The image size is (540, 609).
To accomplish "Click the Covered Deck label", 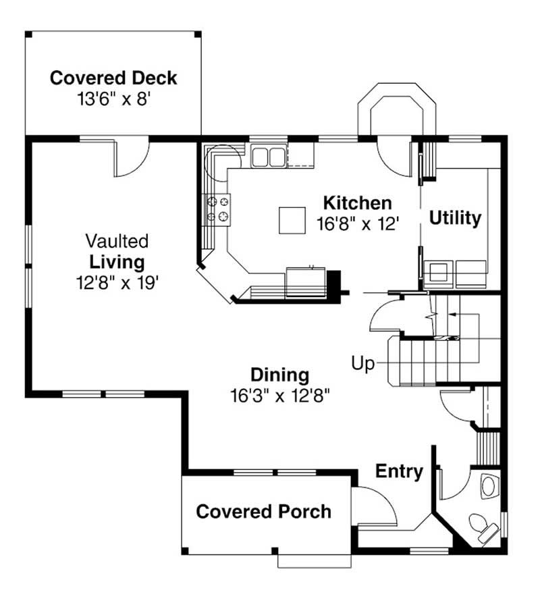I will [113, 78].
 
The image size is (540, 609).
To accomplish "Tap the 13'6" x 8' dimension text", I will [113, 99].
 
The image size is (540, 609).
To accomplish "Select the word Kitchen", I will [357, 203].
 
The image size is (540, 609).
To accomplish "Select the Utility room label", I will [456, 218].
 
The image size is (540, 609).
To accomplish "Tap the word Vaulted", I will [117, 241].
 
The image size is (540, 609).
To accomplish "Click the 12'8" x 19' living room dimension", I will [117, 282].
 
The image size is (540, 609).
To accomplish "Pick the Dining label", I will [279, 375].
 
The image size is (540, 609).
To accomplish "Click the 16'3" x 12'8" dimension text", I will [279, 394].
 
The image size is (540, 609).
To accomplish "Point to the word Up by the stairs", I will [362, 364].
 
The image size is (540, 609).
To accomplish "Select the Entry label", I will [399, 471].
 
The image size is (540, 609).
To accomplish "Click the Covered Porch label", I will [263, 512].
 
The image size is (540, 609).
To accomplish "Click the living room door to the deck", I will [130, 157].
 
